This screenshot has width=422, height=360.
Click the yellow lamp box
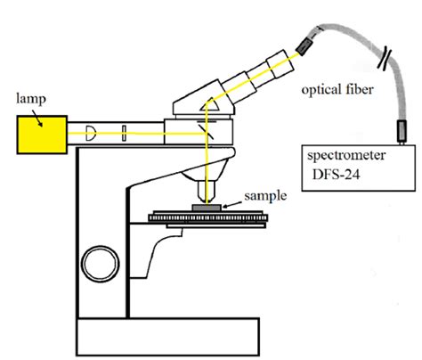click(x=42, y=135)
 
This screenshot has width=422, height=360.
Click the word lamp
click(x=31, y=99)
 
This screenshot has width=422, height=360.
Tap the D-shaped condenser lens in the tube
click(x=91, y=133)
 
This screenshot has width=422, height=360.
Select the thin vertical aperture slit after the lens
click(x=124, y=134)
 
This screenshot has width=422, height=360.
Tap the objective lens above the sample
click(x=207, y=192)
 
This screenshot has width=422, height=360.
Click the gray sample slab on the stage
click(x=207, y=208)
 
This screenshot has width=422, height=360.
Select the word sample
click(x=265, y=196)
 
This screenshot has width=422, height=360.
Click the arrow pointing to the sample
click(x=232, y=204)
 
